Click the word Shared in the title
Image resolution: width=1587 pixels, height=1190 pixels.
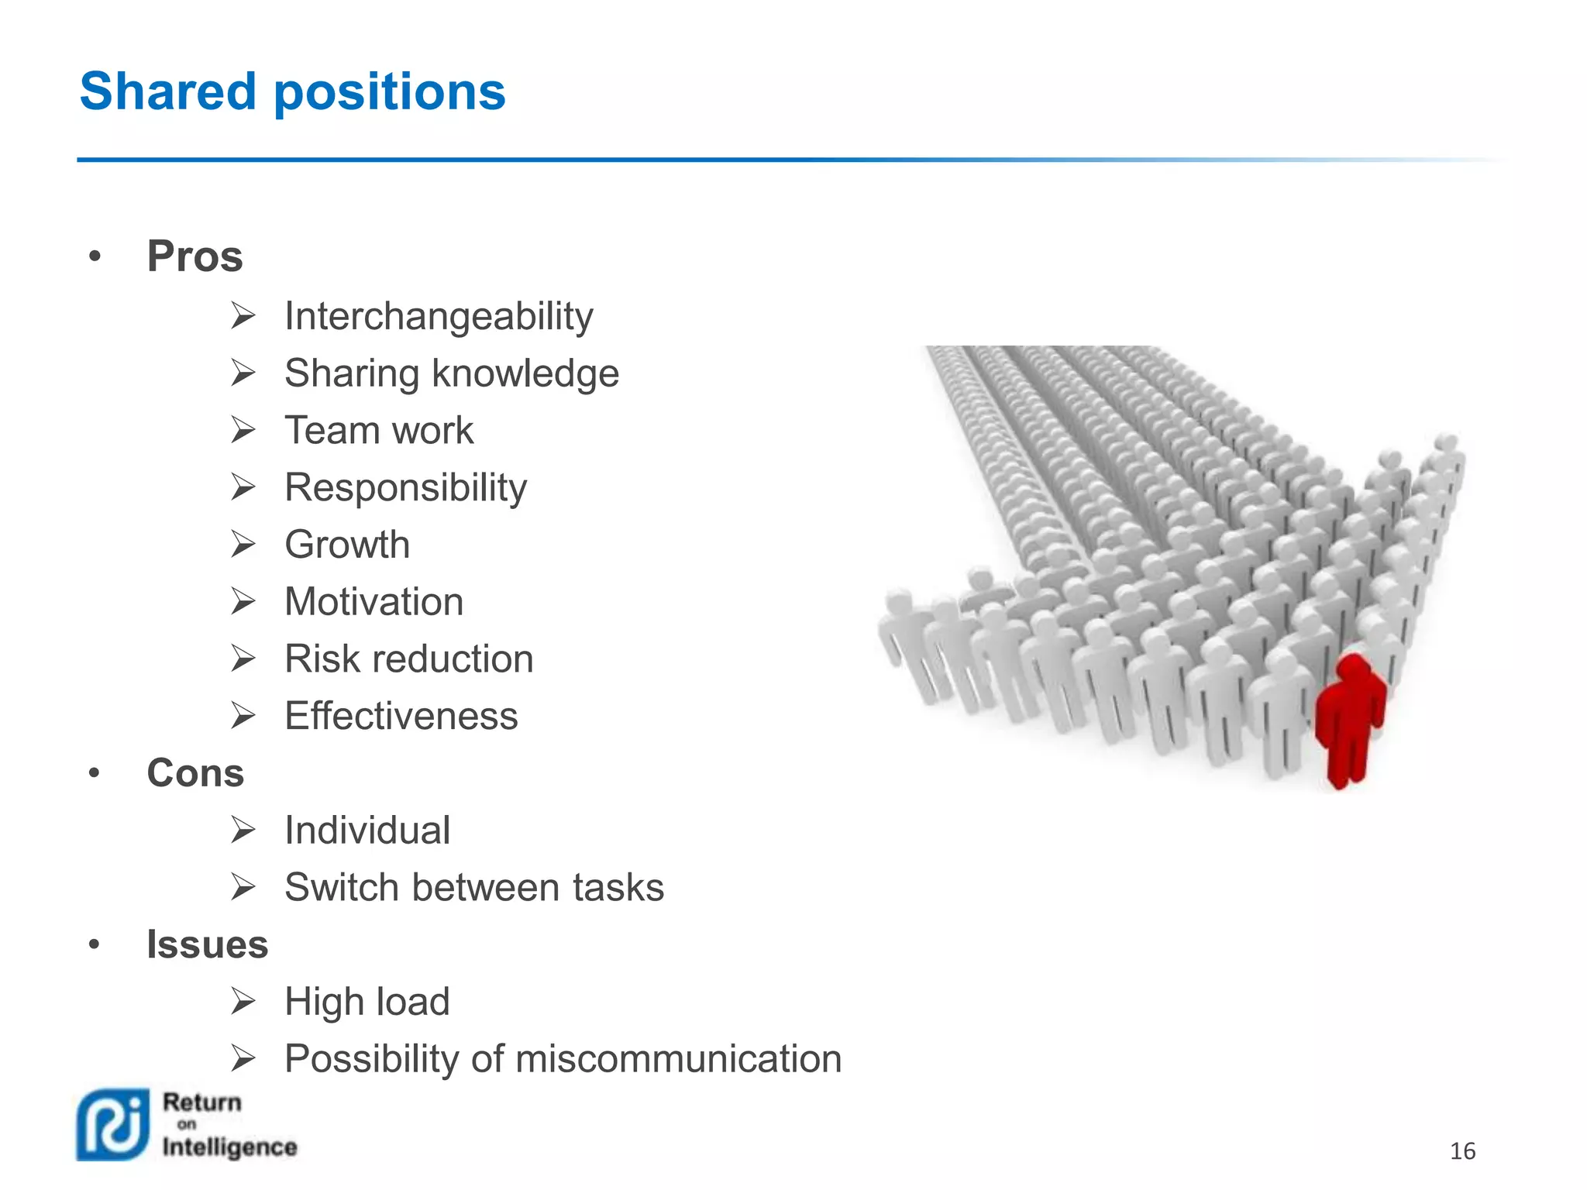tap(167, 91)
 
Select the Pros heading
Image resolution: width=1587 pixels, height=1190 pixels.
tap(195, 256)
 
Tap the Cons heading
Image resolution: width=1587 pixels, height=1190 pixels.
tap(195, 773)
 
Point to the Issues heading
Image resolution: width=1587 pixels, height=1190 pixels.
tap(207, 944)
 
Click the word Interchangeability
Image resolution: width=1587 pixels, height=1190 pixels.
tap(439, 317)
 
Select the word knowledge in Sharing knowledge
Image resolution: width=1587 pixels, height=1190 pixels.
tap(525, 374)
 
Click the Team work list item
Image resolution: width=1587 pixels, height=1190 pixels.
tap(378, 431)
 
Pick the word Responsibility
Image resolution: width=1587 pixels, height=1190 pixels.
tap(405, 488)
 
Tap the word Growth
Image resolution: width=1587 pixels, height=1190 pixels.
tap(346, 545)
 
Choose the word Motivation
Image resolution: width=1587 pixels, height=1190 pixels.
tap(374, 602)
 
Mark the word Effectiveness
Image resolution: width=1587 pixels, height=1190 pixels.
tap(401, 716)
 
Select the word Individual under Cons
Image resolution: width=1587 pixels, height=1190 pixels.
tap(367, 831)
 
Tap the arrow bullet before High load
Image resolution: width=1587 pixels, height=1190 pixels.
tap(243, 1002)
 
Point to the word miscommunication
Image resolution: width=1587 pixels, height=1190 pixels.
tap(678, 1059)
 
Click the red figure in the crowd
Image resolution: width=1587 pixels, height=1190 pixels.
tap(1350, 717)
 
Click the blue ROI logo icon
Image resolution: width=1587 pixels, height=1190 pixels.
tap(113, 1125)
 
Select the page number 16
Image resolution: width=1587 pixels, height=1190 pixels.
tap(1462, 1151)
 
